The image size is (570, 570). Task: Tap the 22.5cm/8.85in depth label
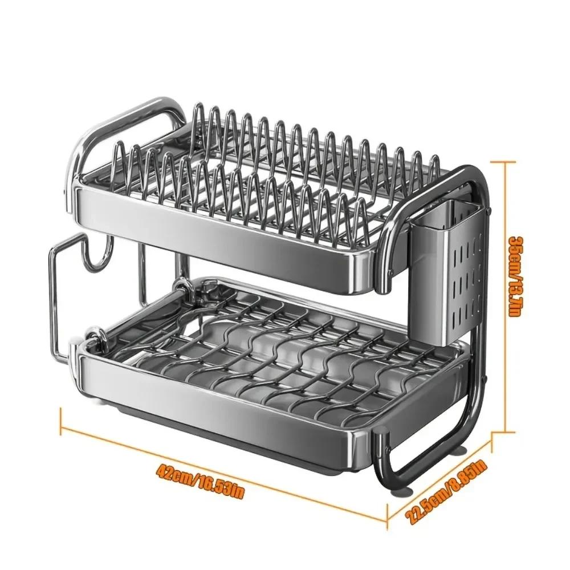447,491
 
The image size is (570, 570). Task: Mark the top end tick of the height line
505,161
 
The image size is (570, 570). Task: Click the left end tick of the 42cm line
61,421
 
